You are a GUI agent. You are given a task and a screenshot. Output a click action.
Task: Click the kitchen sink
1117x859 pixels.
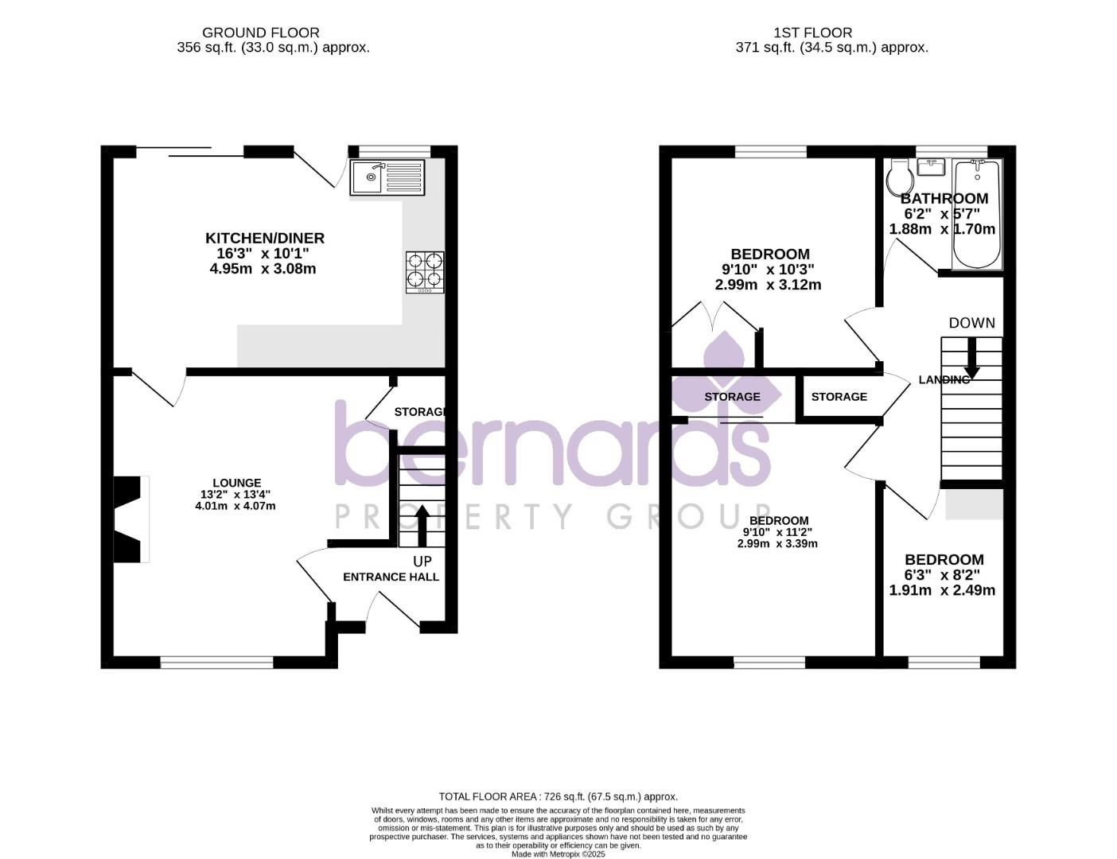click(x=387, y=177)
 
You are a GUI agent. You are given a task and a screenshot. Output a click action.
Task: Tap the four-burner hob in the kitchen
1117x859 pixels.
click(x=425, y=272)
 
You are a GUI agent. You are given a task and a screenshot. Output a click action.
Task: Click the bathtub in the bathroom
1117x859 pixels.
click(x=976, y=214)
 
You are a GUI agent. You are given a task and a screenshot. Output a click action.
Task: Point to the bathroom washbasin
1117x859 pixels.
click(x=930, y=167)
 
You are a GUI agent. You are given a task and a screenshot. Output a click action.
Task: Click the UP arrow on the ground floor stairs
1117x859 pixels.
click(x=422, y=525)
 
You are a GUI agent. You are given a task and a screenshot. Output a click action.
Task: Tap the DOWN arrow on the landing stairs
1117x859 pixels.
click(x=971, y=359)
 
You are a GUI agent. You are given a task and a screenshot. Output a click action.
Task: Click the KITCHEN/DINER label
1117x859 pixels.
click(x=265, y=238)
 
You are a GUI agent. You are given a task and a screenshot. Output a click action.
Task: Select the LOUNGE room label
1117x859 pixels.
click(x=236, y=483)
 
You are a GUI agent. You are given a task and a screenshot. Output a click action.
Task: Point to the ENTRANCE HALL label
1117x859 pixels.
click(x=391, y=577)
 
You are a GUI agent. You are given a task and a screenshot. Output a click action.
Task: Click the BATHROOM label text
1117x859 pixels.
click(x=944, y=198)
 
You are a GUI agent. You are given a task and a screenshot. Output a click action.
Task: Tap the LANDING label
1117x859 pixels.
click(x=944, y=379)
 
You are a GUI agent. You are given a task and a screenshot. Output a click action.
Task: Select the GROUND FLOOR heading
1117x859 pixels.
click(x=260, y=33)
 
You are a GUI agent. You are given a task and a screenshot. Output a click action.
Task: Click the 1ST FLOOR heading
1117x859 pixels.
click(x=812, y=33)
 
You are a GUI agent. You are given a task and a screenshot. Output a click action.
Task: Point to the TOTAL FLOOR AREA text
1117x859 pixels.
click(x=558, y=796)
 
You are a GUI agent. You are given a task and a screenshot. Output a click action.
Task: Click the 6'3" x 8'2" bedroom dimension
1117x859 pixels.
click(x=943, y=575)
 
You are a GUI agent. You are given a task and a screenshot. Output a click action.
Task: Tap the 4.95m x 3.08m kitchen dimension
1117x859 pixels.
click(x=263, y=269)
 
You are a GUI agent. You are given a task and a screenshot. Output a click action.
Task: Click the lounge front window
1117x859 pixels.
click(x=217, y=662)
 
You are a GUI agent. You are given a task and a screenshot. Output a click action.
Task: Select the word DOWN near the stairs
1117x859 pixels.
click(x=971, y=323)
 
